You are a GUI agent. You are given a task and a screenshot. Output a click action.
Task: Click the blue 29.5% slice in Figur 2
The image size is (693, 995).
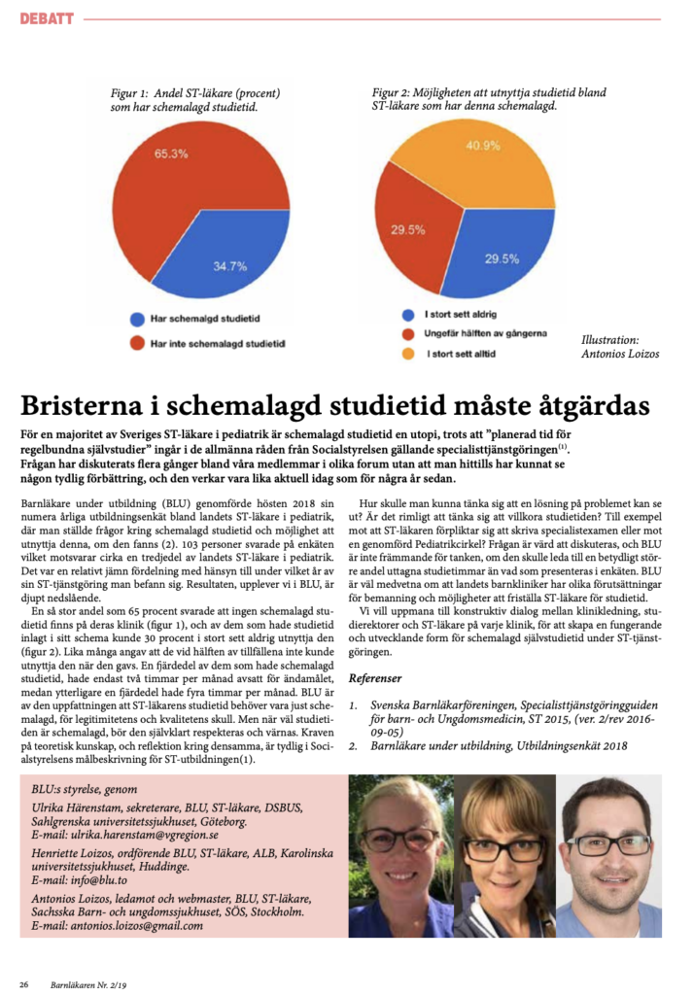(x=501, y=257)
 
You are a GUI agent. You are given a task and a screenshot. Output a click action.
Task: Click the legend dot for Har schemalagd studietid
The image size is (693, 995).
(x=136, y=318)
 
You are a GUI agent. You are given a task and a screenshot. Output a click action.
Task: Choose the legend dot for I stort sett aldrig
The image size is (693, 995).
(x=407, y=315)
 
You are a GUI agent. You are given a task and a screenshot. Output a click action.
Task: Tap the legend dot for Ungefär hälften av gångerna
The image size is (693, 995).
(x=407, y=334)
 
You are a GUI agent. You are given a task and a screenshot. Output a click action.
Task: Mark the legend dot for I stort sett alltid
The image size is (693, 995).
(x=407, y=354)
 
